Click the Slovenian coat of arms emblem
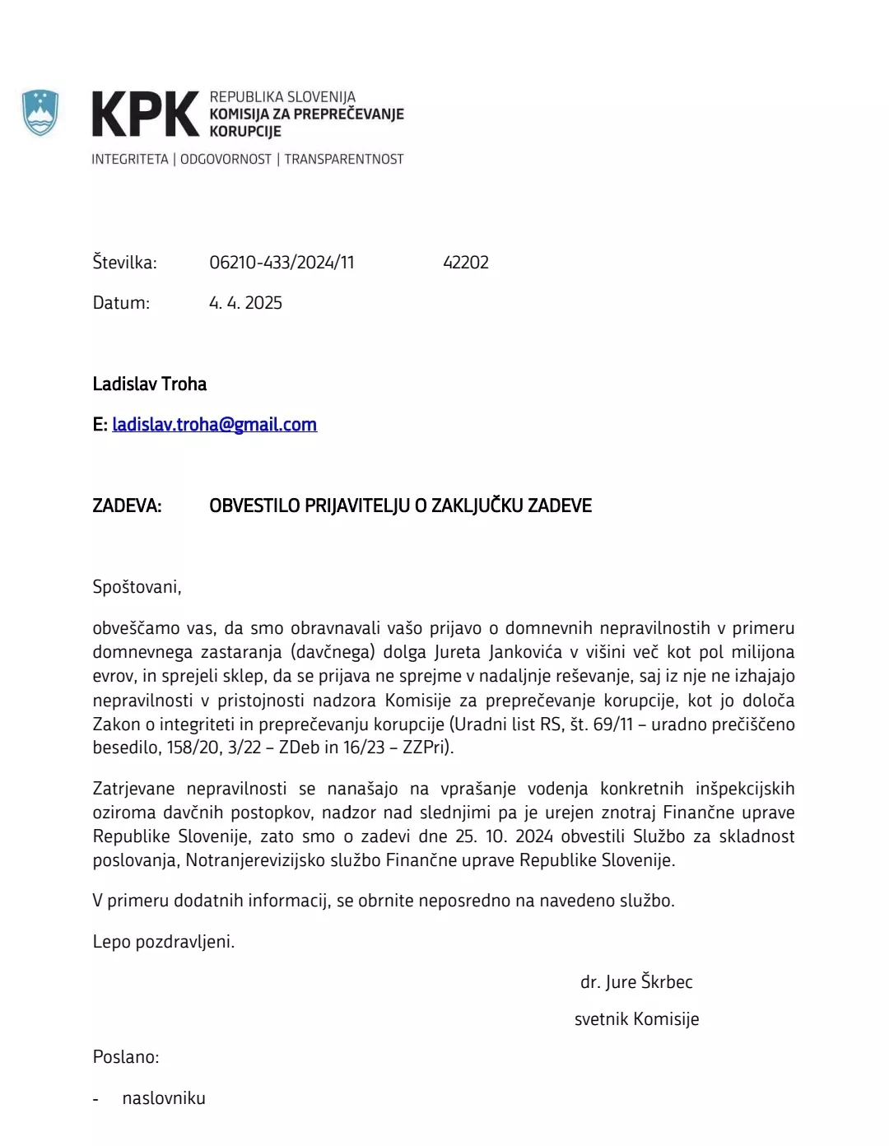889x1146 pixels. [40, 113]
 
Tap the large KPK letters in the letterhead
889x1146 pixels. [145, 114]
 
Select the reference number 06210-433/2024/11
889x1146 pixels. [282, 263]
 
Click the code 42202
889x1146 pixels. [466, 263]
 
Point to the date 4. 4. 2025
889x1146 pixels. [245, 303]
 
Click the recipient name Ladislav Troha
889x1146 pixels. [149, 384]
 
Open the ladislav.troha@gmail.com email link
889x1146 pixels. [214, 425]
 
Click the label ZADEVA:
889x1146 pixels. [127, 505]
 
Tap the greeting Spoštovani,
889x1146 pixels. [137, 587]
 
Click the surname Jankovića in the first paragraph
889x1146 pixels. [525, 652]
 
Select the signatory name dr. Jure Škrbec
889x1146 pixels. [636, 982]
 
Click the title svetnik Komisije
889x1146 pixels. [636, 1019]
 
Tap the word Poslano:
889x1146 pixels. [125, 1057]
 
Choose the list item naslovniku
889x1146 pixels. [164, 1098]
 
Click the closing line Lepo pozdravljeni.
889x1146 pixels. [163, 942]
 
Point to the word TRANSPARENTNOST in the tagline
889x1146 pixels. [344, 159]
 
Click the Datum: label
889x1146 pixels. [121, 303]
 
